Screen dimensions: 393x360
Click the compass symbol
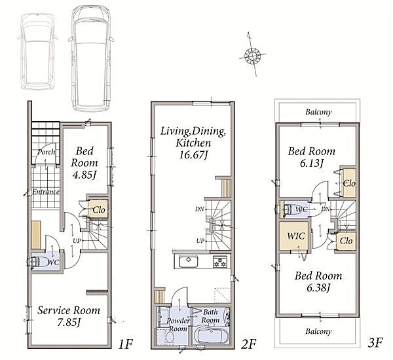pos(252,54)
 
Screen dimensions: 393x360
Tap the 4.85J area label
pos(84,175)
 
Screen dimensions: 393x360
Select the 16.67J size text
pos(193,155)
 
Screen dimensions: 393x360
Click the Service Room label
pos(69,311)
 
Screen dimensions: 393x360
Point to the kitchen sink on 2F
pos(188,262)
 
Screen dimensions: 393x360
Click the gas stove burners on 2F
pos(220,262)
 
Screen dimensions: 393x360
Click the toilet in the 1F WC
pos(35,262)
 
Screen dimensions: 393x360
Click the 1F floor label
pos(125,344)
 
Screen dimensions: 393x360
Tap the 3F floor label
pos(375,342)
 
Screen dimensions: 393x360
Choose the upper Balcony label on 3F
pos(318,112)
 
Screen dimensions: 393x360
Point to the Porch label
pos(47,152)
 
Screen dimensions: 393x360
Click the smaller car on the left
pos(37,51)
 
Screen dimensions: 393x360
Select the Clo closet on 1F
pos(98,209)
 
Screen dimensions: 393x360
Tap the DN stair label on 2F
pos(200,209)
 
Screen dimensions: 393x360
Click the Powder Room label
pos(178,325)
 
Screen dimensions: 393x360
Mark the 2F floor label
pos(248,344)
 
